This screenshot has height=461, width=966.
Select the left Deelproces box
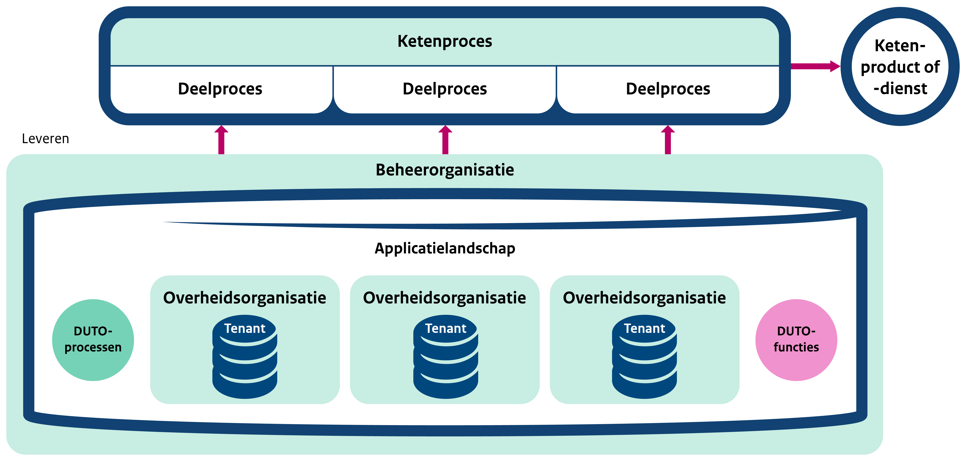(220, 89)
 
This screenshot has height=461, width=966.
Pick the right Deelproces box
(668, 89)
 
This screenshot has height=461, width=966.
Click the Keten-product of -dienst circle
(900, 67)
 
